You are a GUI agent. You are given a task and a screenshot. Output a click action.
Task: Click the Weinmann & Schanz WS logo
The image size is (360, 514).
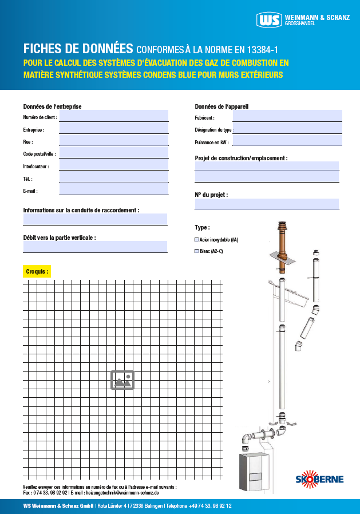pos(270,20)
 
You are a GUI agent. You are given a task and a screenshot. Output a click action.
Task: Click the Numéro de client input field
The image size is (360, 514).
pos(113,116)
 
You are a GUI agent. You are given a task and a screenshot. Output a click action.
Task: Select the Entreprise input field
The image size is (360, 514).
pos(113,129)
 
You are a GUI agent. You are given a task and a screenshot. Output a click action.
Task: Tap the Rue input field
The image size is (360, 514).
pos(113,141)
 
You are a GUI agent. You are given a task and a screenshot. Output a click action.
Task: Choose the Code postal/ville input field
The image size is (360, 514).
pos(113,153)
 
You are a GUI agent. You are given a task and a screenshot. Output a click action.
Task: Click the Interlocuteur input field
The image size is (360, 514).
pos(113,165)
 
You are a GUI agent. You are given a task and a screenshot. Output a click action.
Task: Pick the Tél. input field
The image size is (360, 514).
pos(113,177)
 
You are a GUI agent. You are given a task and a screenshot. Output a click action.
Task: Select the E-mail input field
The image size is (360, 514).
pos(113,189)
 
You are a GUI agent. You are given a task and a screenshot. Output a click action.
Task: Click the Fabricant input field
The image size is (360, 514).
pos(287,116)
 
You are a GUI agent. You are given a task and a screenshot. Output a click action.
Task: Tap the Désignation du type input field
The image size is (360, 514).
pos(287,129)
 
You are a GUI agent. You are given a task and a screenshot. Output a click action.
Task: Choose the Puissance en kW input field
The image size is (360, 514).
pos(287,141)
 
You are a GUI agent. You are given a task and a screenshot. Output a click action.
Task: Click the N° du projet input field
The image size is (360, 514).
pos(267,204)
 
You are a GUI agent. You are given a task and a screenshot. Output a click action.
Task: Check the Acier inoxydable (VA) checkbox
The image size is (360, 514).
pos(197,240)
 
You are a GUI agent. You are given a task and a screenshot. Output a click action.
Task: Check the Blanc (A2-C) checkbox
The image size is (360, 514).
pos(197,251)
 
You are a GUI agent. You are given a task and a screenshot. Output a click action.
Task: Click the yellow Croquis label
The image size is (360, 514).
pos(37,271)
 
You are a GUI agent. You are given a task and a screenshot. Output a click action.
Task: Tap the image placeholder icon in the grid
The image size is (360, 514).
pos(122,379)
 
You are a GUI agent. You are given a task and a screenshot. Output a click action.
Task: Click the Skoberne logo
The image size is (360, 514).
pos(320,479)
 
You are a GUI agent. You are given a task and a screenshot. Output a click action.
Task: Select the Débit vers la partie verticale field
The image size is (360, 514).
pos(95,247)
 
